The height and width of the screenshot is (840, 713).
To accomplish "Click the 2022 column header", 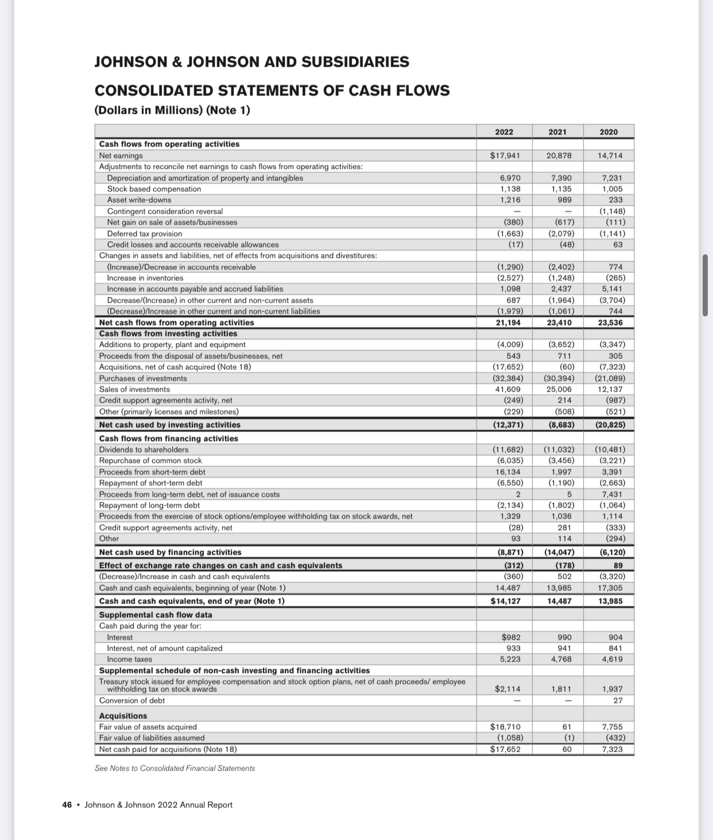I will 504,132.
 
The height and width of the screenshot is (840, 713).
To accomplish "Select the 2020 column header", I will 609,132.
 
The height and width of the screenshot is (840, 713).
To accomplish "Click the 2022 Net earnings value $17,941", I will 505,156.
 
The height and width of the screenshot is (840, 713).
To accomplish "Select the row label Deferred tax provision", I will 145,234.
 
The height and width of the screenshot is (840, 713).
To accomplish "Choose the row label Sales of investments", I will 134,389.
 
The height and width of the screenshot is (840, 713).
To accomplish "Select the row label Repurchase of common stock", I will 150,460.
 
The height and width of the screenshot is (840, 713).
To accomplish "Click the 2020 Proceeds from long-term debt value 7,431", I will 612,494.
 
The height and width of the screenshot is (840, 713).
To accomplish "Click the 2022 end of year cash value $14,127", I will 505,601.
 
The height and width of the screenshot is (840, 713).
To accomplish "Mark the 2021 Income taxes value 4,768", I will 560,659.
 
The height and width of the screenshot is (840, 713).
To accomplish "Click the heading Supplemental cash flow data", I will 156,614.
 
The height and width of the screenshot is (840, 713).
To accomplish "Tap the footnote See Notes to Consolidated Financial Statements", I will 175,768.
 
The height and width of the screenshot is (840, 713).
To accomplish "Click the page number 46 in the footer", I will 67,805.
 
